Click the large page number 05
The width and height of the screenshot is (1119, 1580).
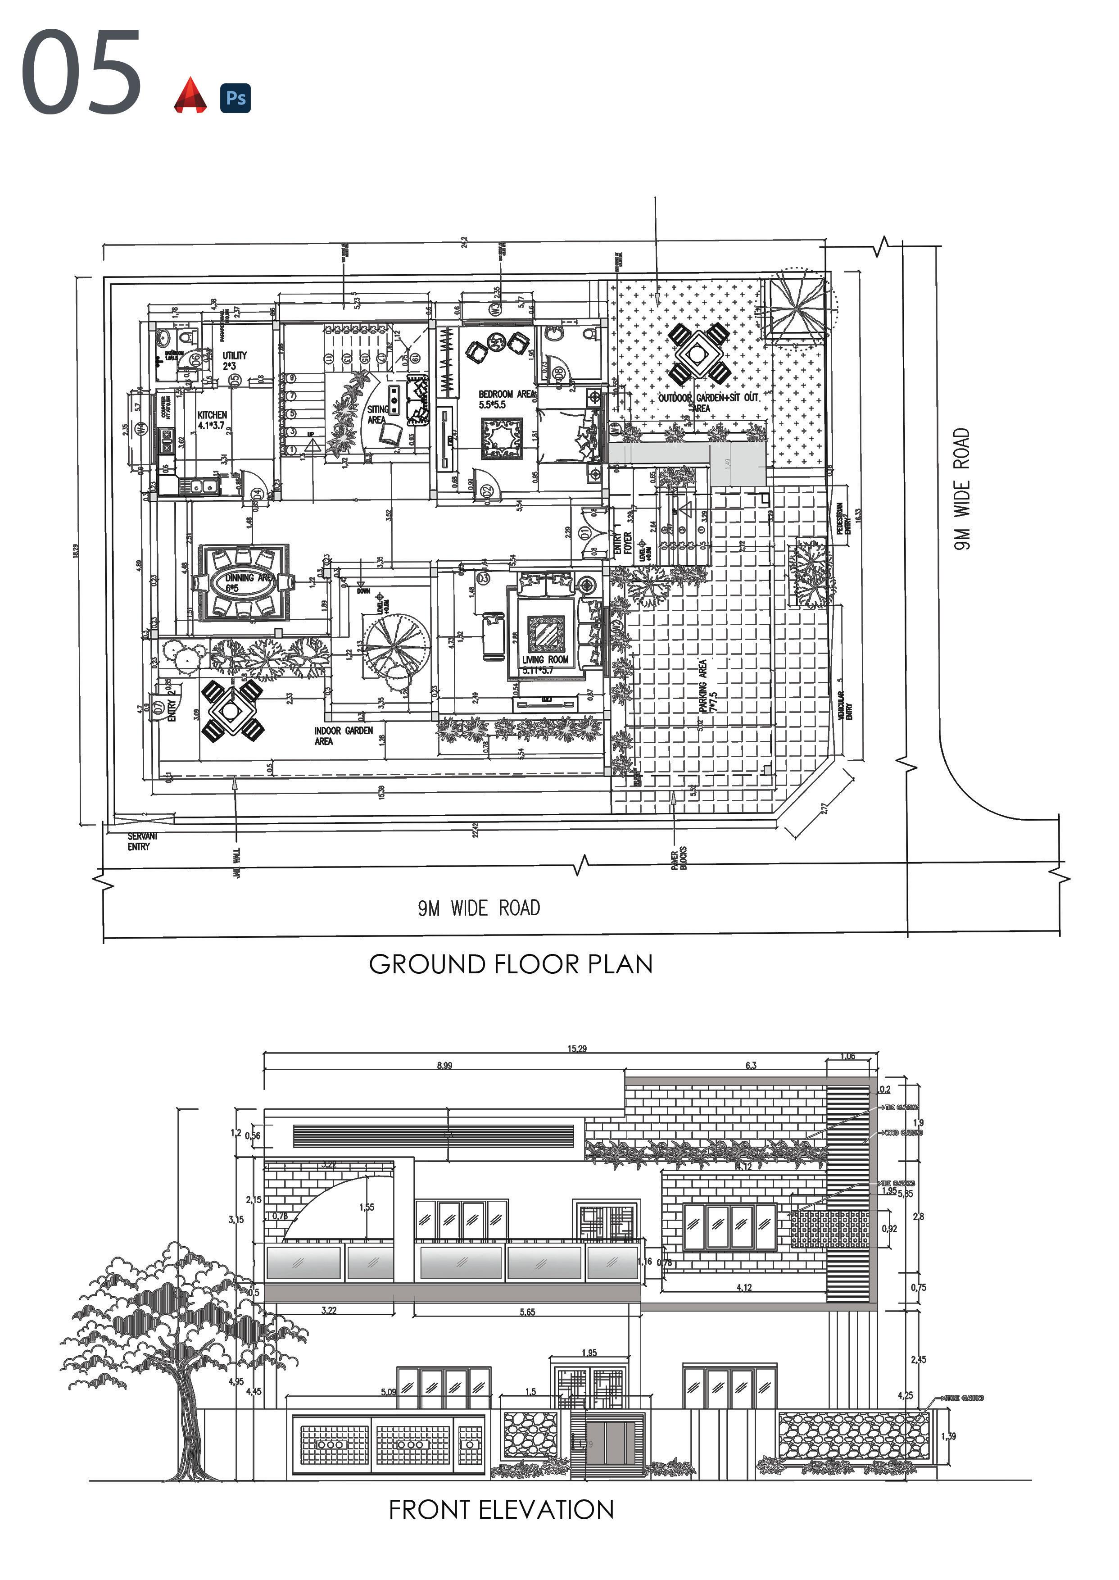point(82,73)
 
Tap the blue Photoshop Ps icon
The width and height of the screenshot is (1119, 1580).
point(235,97)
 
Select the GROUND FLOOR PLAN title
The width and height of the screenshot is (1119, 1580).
point(511,964)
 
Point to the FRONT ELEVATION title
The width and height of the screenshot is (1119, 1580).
point(501,1510)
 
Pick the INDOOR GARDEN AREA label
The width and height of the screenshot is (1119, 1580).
point(343,735)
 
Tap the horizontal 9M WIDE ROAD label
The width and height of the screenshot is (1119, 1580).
point(479,908)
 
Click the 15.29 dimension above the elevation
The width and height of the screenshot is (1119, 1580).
point(577,1049)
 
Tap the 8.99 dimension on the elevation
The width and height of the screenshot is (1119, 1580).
point(444,1065)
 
